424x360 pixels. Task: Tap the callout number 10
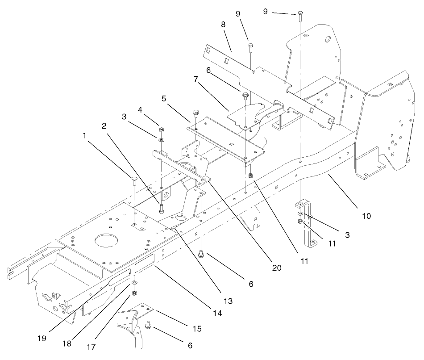coord(366,216)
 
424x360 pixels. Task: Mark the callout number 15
coord(197,329)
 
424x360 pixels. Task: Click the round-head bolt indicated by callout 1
coord(134,180)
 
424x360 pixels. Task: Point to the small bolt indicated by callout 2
coord(161,208)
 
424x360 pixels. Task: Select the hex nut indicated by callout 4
coord(161,131)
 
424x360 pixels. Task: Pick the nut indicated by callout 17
coord(134,293)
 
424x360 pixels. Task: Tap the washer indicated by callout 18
coord(134,284)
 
